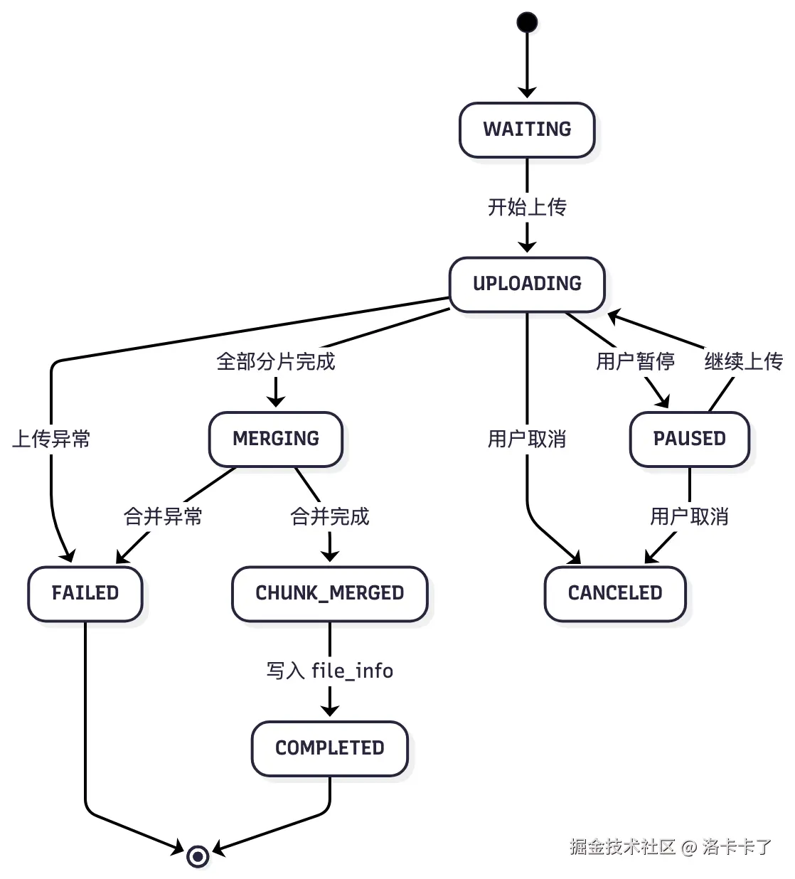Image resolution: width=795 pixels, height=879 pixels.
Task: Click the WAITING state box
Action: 527,129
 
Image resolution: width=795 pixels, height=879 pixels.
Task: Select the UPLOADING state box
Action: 527,284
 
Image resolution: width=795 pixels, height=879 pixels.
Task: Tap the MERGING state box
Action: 276,439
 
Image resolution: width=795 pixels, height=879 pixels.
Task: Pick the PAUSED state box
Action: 689,439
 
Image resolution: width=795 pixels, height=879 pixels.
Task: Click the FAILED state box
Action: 85,593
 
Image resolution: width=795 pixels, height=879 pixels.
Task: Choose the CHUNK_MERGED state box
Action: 329,593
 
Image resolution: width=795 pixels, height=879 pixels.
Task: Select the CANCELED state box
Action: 615,593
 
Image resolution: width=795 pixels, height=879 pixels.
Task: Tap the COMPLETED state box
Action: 329,748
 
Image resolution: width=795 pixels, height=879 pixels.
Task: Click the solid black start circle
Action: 527,23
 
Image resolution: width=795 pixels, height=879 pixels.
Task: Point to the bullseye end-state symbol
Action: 198,856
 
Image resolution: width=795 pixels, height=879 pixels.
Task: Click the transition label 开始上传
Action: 527,207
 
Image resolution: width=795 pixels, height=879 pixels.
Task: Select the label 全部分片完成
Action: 276,361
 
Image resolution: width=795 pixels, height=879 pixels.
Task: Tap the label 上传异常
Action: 51,439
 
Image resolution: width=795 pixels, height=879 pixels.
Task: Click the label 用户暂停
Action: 635,361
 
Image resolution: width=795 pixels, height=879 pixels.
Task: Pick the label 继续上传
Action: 743,361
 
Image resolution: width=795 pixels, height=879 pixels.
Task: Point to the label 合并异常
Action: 163,516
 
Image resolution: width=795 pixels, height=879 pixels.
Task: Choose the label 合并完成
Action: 329,516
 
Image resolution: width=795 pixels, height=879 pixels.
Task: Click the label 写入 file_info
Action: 329,671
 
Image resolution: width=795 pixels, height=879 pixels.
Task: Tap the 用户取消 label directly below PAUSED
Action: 689,516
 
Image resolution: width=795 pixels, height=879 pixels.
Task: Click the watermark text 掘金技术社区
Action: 622,846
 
